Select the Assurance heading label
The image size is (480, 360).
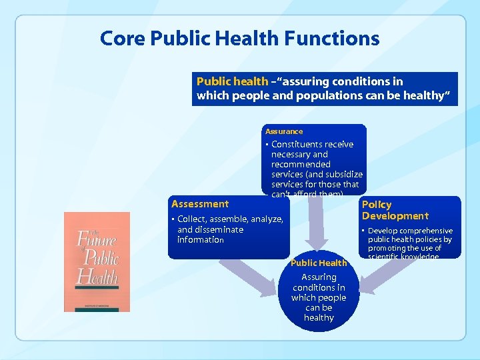click(x=284, y=131)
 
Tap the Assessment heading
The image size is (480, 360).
click(x=200, y=204)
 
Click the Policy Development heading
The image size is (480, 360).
click(x=395, y=210)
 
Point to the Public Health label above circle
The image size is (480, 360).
click(x=319, y=263)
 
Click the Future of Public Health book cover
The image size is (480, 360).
click(x=97, y=261)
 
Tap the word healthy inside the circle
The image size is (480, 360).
click(x=319, y=318)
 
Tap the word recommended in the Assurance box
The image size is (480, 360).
click(x=301, y=164)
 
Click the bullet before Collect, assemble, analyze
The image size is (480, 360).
click(x=173, y=219)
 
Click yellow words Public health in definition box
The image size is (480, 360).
click(x=232, y=81)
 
